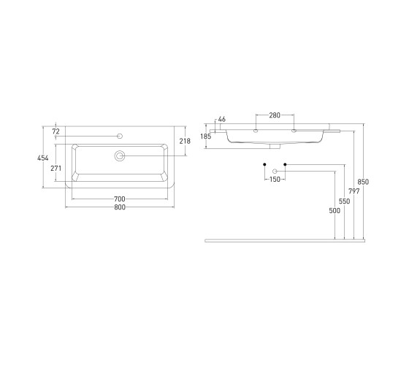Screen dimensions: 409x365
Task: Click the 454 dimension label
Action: point(43,158)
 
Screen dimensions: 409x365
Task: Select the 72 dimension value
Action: point(56,131)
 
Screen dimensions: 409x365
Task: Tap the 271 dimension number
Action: point(56,169)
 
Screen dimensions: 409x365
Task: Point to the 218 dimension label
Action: point(185,141)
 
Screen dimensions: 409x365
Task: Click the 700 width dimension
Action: point(120,199)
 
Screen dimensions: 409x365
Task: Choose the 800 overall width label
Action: point(120,207)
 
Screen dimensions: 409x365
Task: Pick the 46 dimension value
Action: point(222,120)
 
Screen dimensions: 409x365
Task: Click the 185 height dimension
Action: point(206,137)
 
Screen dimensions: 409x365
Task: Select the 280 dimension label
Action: point(275,115)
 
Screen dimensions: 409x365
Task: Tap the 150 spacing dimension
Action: point(275,180)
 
